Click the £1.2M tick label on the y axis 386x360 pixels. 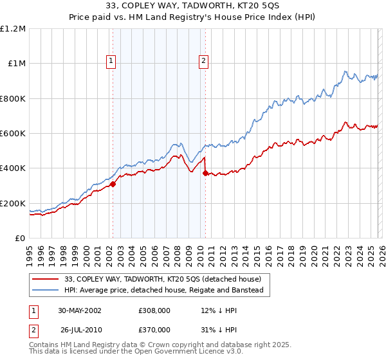13,29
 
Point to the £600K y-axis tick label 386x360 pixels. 13,134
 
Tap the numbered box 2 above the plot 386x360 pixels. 204,61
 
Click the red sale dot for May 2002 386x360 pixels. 113,184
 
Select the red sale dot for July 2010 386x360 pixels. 205,174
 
